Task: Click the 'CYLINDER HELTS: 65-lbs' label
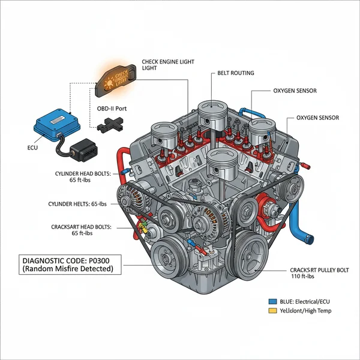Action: pos(82,204)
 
